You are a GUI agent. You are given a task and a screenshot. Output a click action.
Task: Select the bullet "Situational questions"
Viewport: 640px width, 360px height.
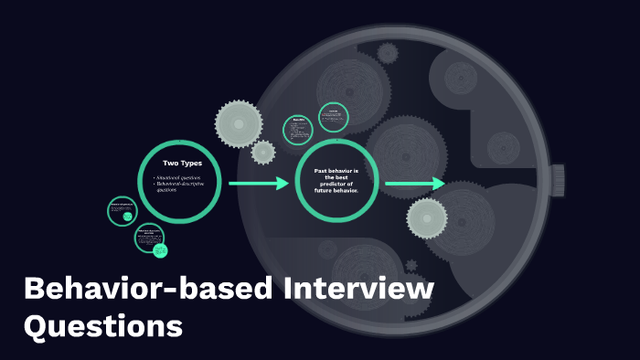178,176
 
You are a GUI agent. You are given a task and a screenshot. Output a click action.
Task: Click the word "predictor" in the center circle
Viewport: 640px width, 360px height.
336,185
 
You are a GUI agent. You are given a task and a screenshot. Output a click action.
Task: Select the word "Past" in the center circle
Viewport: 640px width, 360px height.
322,171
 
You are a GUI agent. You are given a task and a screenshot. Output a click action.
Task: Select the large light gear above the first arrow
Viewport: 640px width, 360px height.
240,122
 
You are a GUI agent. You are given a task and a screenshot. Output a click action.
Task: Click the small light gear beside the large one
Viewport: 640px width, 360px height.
264,152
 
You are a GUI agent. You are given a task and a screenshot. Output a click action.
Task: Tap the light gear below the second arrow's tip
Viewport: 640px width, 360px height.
427,217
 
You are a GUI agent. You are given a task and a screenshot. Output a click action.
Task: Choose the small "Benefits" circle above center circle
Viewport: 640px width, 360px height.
299,130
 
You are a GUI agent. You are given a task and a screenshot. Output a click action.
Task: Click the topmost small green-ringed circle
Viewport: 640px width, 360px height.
334,117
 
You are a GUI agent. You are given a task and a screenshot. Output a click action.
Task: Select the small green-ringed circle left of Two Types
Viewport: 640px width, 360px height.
122,210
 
